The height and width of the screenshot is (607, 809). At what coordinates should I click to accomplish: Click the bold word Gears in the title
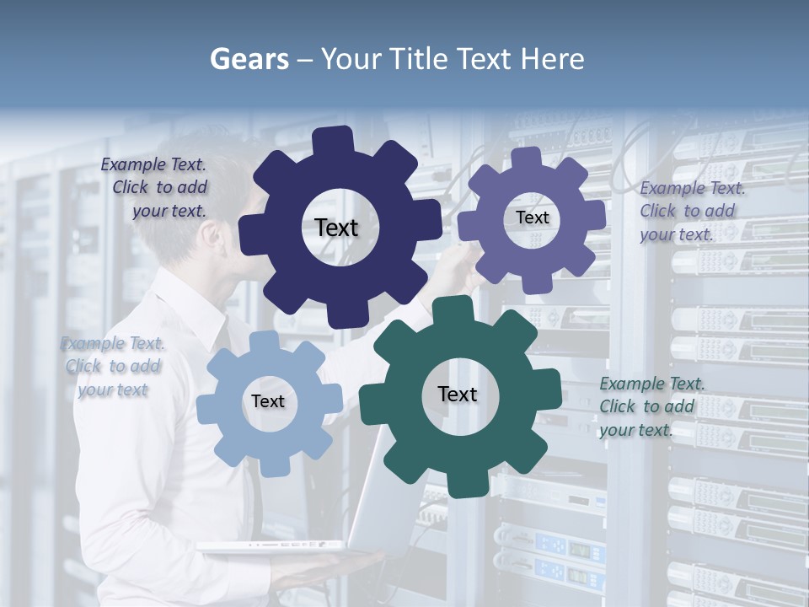249,59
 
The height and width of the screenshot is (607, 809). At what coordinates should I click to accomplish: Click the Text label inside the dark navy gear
336,228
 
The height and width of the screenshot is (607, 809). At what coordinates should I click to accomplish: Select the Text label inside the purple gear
533,218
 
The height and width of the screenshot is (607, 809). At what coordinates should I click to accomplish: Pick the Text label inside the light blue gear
268,401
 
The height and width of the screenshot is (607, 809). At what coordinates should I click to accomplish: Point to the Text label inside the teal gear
458,394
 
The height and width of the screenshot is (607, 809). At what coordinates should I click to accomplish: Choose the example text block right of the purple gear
691,211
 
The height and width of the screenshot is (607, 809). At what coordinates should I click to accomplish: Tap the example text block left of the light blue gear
113,367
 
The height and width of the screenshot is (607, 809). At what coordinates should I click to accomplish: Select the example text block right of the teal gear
651,406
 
